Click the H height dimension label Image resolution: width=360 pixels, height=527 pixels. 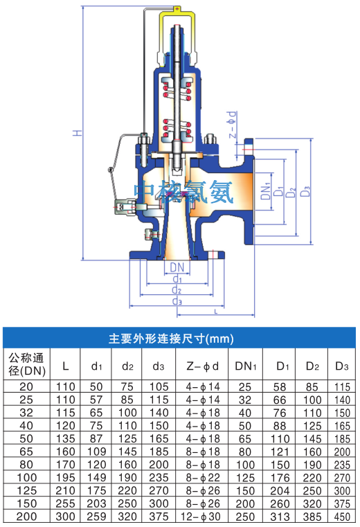coord(78,133)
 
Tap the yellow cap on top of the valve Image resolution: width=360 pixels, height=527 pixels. coord(178,19)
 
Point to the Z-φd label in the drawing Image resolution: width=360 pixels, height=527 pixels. coord(232,125)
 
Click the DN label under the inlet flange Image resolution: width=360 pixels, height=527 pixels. coord(177,267)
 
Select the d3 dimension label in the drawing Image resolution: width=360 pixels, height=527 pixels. coord(177,301)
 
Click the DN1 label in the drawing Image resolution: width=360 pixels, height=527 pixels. coord(266,190)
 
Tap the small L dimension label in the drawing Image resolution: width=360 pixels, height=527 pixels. coord(216,312)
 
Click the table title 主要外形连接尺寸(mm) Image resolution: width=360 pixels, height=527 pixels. coord(171,338)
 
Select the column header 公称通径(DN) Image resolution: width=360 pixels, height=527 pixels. coord(27,364)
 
